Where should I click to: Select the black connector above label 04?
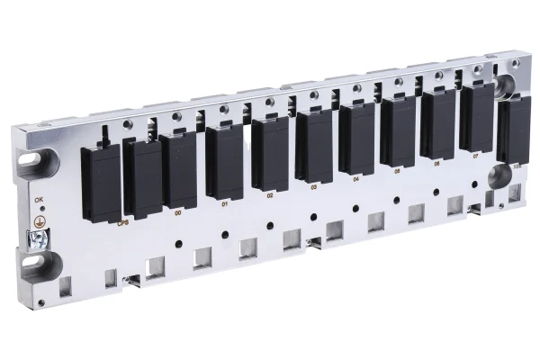[356, 139]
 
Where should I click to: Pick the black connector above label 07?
[476, 117]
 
